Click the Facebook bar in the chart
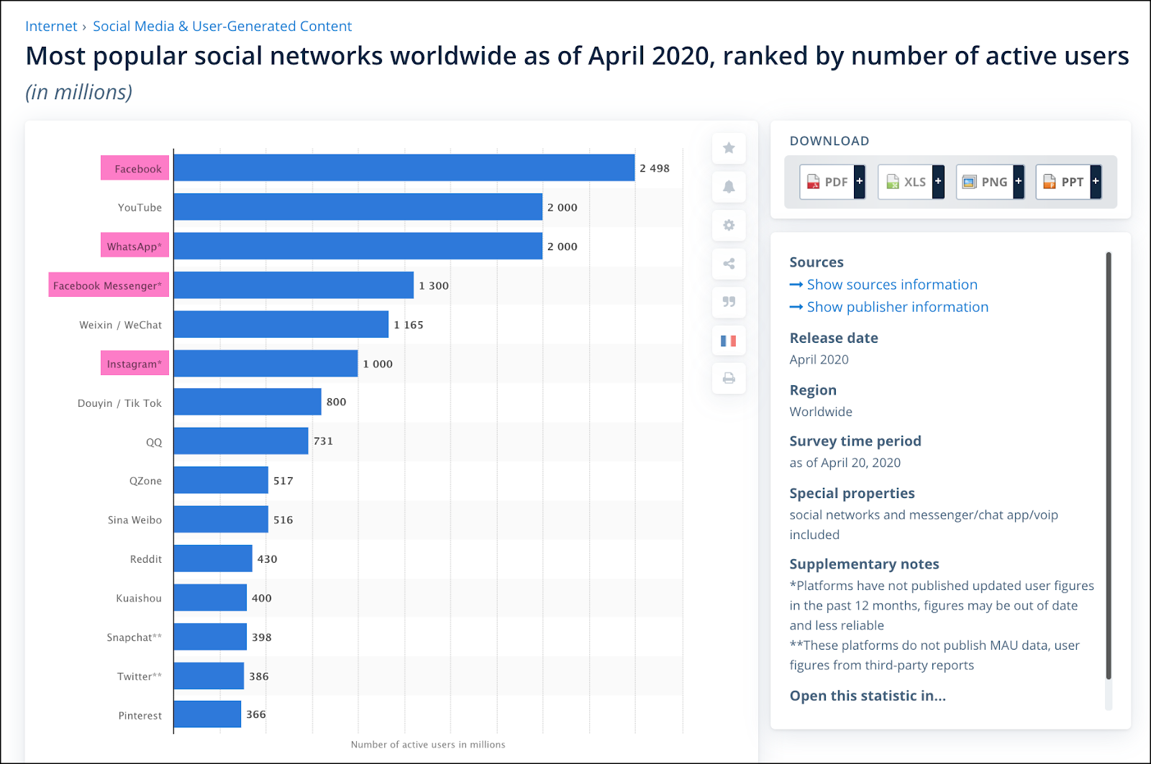[x=404, y=168]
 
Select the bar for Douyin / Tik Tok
[x=247, y=402]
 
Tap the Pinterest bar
[x=207, y=714]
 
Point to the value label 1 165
[x=409, y=325]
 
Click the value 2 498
[x=655, y=168]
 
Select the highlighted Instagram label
[x=135, y=364]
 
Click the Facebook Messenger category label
[x=109, y=285]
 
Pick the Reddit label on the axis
[x=146, y=559]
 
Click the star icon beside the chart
[x=729, y=148]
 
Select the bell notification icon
[x=729, y=187]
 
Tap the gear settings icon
[x=729, y=225]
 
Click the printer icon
[x=729, y=378]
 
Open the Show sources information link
[x=891, y=285]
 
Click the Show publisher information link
[x=897, y=307]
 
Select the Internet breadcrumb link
[x=51, y=27]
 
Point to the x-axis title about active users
[x=428, y=745]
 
